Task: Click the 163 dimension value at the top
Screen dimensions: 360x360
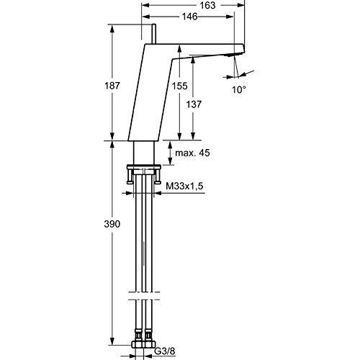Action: [x=189, y=4]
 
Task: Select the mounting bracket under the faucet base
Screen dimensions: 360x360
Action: [x=144, y=174]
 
